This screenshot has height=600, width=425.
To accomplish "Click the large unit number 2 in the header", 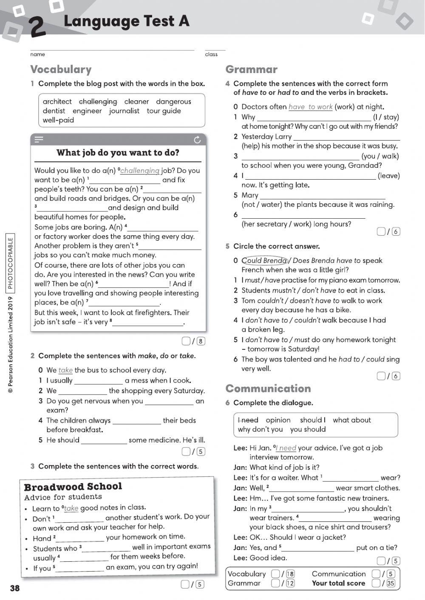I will pyautogui.click(x=38, y=27).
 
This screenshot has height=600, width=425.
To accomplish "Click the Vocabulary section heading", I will pyautogui.click(x=61, y=69).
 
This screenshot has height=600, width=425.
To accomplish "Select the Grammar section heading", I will pyautogui.click(x=251, y=69).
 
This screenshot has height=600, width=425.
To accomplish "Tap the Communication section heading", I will pyautogui.click(x=268, y=389).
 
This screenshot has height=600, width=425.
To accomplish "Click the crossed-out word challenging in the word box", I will pyautogui.click(x=98, y=101).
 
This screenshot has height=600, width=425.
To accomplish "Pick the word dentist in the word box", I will pyautogui.click(x=54, y=111).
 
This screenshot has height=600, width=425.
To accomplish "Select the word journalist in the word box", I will pyautogui.click(x=124, y=111).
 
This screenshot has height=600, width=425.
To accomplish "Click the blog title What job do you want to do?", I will pyautogui.click(x=118, y=153).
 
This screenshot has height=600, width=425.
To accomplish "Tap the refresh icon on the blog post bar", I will pyautogui.click(x=197, y=140).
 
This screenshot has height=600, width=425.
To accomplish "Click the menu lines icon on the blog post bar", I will pyautogui.click(x=39, y=139).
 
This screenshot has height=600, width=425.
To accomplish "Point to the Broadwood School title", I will pyautogui.click(x=73, y=487).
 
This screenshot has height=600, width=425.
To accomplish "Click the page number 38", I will pyautogui.click(x=15, y=588).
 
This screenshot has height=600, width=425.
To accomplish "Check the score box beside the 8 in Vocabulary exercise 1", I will pyautogui.click(x=186, y=341).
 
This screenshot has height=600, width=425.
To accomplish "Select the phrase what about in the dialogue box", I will pyautogui.click(x=352, y=420).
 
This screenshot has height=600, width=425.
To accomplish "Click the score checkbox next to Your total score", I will pyautogui.click(x=376, y=583).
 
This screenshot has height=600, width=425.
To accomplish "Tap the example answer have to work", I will pyautogui.click(x=310, y=107).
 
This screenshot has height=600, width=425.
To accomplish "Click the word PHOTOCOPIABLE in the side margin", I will pyautogui.click(x=10, y=263).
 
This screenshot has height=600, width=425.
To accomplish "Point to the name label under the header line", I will pyautogui.click(x=37, y=54).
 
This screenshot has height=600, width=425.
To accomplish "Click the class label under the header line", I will pyautogui.click(x=211, y=54).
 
